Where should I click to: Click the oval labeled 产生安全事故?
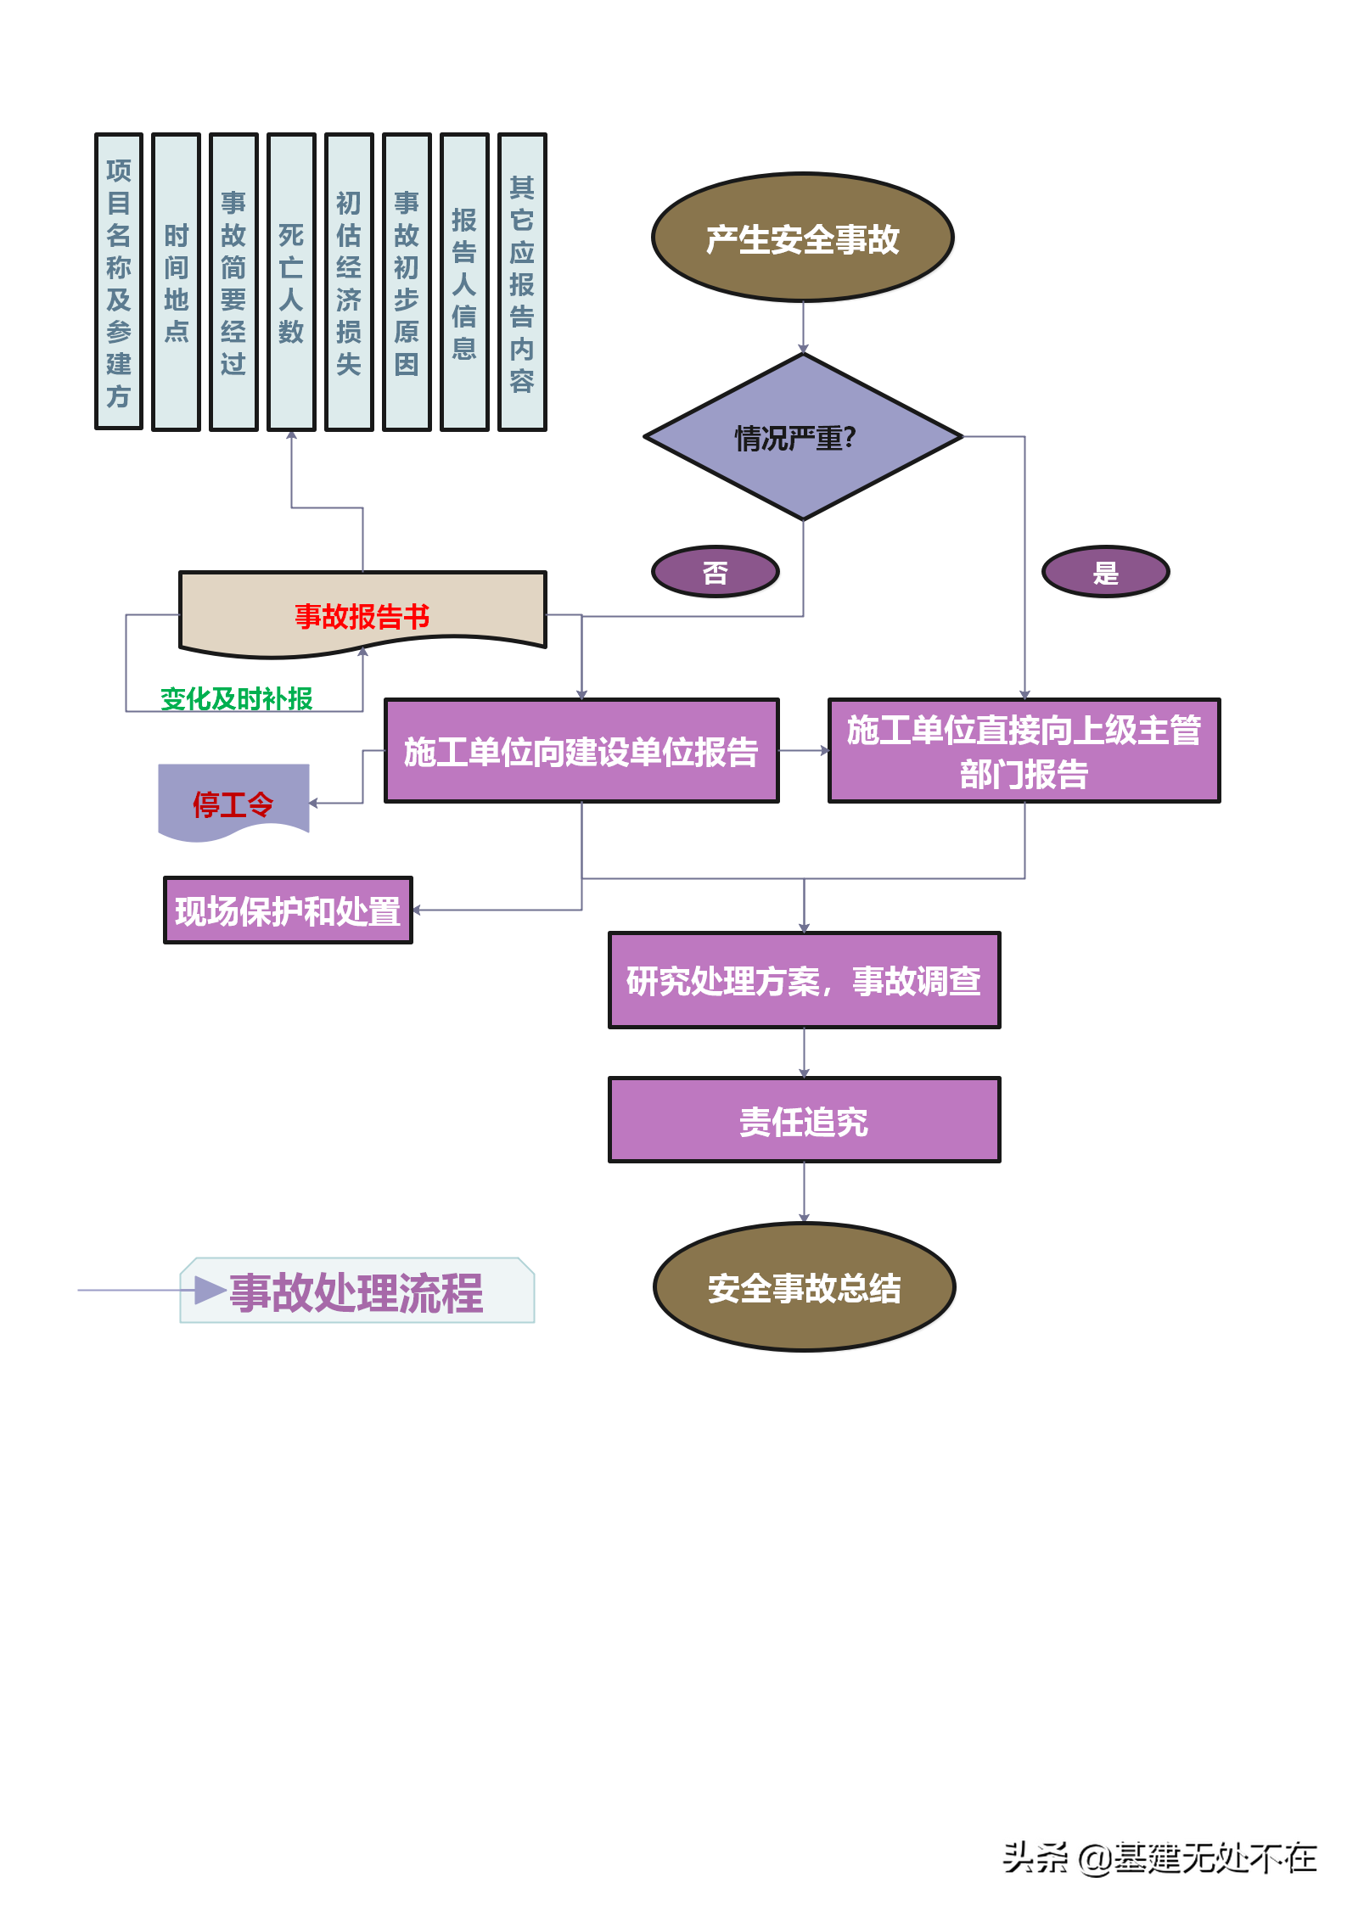tap(803, 238)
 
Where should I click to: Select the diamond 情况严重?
tap(803, 437)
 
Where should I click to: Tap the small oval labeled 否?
tap(716, 573)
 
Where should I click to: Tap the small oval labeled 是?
tap(1106, 573)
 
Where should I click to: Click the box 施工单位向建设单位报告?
tap(581, 751)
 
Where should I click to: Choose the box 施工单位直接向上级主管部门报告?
tap(1024, 751)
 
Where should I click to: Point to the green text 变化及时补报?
tap(237, 699)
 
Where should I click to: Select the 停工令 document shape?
tap(233, 803)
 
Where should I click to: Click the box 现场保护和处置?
tap(288, 910)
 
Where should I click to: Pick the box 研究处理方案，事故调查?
tap(804, 980)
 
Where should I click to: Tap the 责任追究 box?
tap(804, 1120)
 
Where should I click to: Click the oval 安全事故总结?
tap(805, 1287)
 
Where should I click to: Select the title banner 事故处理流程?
tap(357, 1291)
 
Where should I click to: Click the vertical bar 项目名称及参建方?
tap(119, 282)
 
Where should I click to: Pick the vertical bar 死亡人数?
tap(291, 282)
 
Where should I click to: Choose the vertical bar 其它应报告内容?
tap(522, 282)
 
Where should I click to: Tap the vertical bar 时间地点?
tap(176, 282)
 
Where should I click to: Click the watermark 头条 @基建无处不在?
tap(1158, 1856)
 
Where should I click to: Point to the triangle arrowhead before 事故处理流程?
tap(209, 1290)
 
